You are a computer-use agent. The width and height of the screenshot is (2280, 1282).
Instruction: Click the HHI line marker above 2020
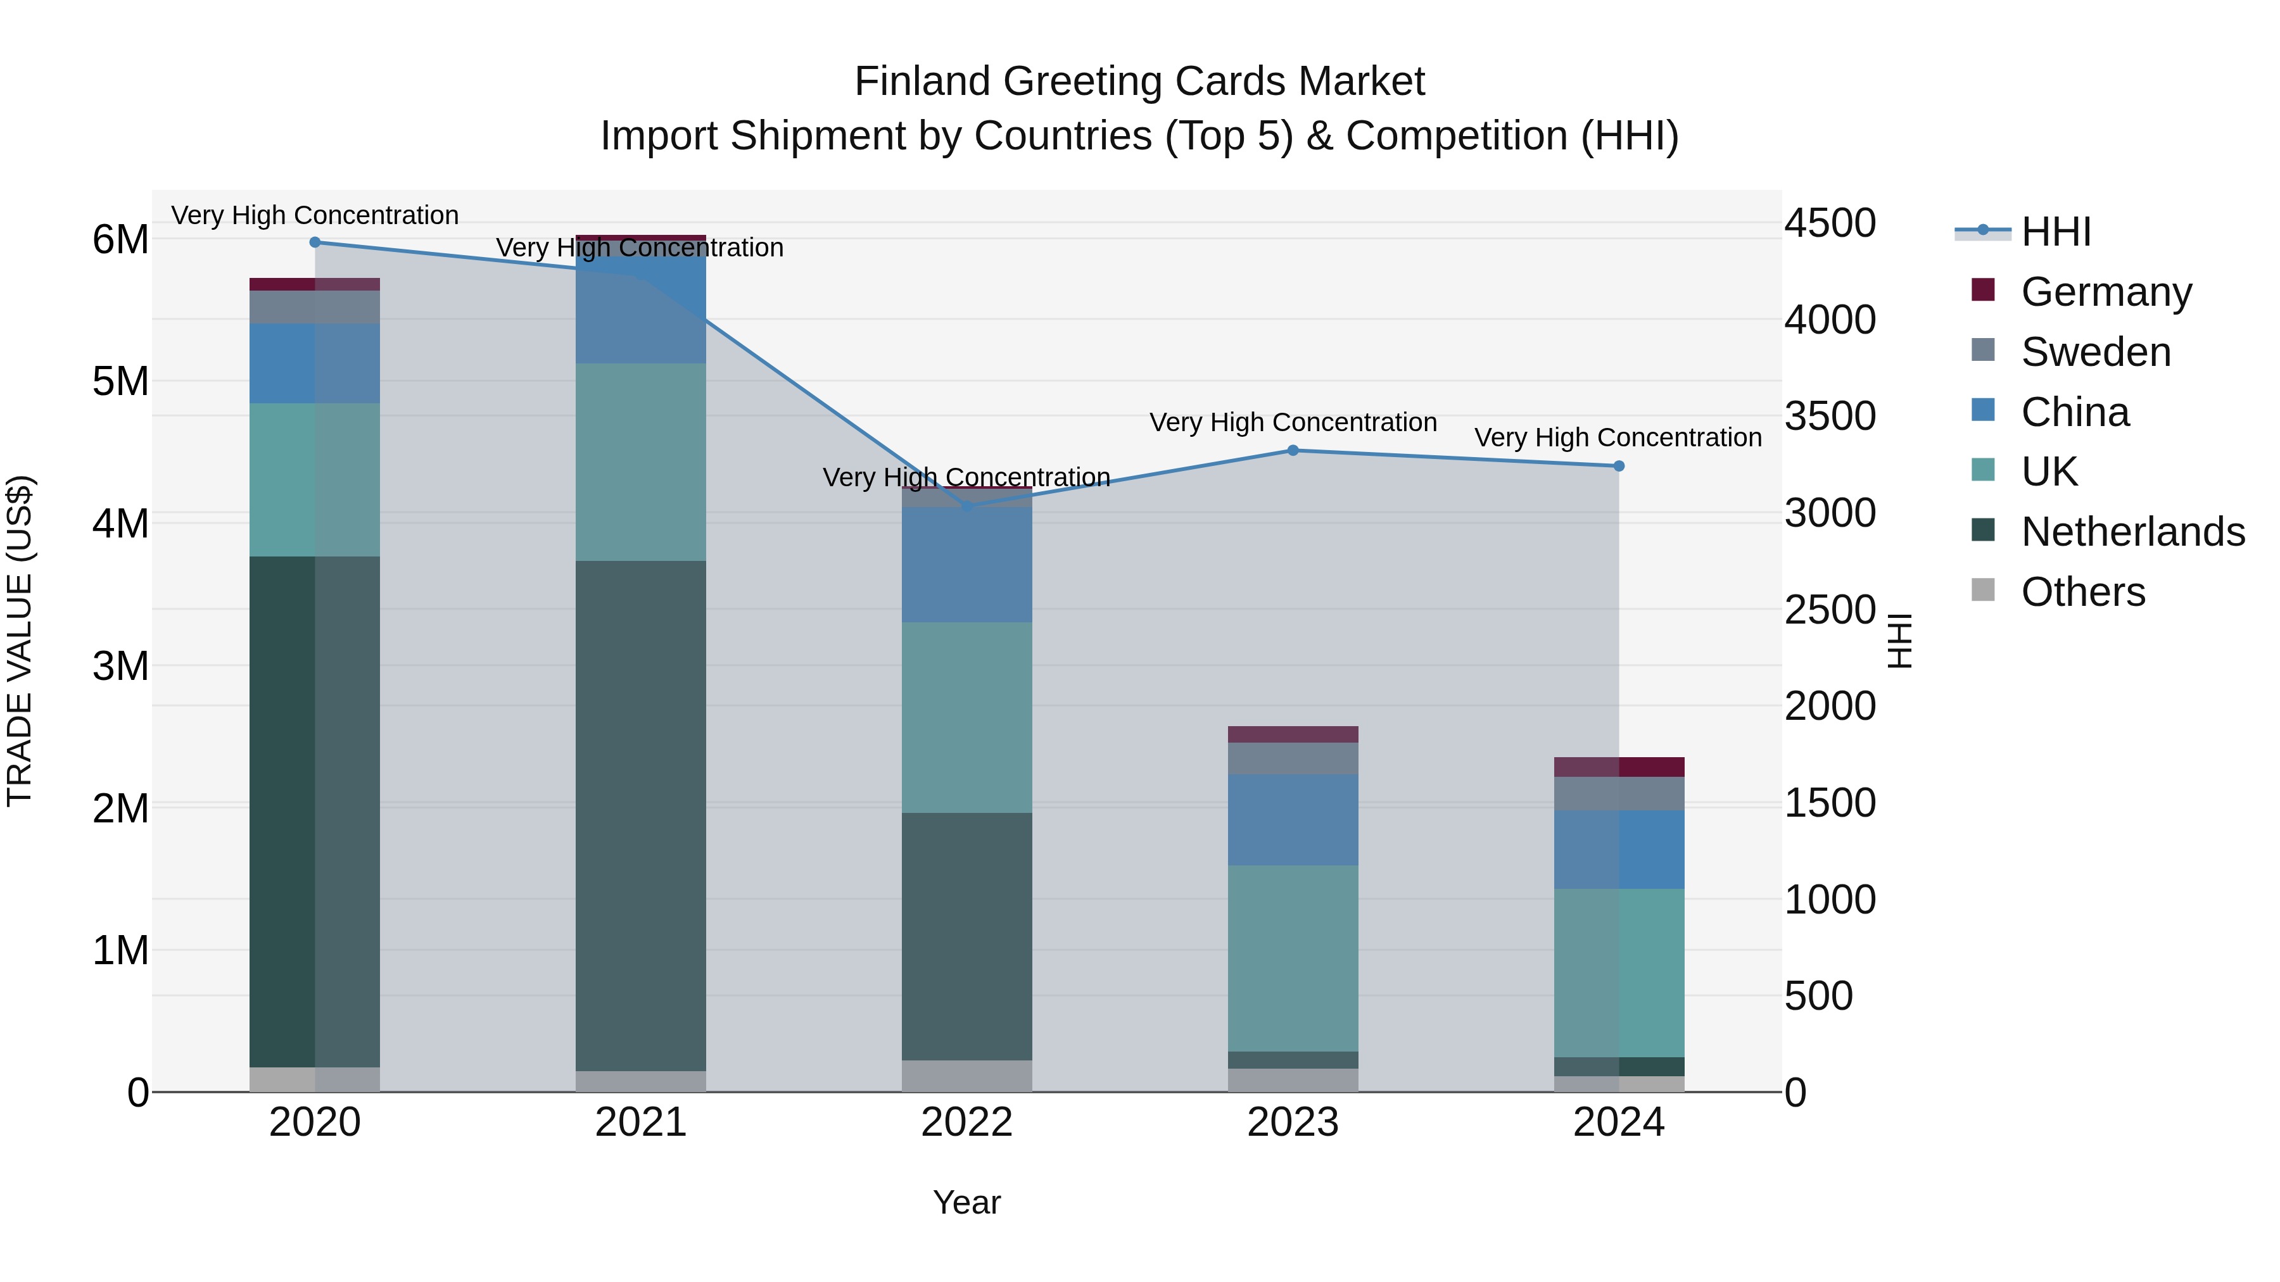tap(315, 242)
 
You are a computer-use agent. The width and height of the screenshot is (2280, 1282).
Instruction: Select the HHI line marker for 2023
tap(1292, 450)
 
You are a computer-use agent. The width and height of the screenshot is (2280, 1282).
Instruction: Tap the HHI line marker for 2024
tap(1619, 466)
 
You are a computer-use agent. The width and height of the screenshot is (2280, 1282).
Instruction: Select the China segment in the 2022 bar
tap(966, 565)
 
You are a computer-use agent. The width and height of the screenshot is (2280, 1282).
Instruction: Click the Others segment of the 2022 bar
tap(966, 1076)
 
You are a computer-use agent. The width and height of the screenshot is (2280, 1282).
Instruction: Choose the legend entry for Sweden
tap(2095, 352)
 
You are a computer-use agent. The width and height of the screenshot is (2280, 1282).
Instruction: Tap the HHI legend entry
tap(2055, 232)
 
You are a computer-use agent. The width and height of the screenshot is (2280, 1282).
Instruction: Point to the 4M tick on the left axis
tap(120, 524)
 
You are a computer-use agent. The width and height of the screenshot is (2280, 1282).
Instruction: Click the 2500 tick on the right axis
tap(1828, 610)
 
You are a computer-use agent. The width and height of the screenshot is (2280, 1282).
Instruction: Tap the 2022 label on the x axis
tap(966, 1122)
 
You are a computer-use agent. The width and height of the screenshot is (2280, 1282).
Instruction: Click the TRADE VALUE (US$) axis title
tap(20, 641)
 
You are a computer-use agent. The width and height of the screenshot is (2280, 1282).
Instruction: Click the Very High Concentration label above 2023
tap(1292, 423)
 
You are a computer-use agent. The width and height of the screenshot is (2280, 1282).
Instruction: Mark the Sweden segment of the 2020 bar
tap(315, 307)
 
